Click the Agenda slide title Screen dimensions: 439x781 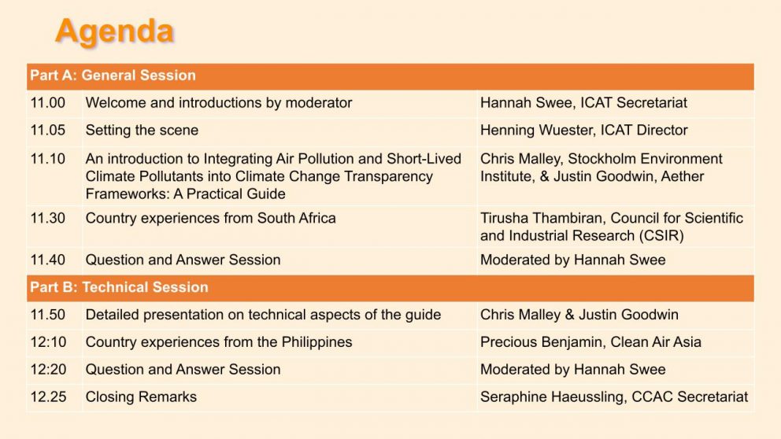(x=114, y=31)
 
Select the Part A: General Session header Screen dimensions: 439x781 (x=113, y=76)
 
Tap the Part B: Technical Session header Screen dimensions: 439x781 (x=119, y=287)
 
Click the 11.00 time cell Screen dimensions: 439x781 (x=48, y=102)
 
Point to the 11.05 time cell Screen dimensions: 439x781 (x=48, y=130)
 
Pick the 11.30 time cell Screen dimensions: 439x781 (x=48, y=218)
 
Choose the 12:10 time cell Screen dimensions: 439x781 (x=48, y=342)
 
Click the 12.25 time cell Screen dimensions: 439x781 (x=48, y=397)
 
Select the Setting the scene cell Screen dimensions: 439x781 (x=142, y=130)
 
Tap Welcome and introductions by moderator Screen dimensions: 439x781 (x=219, y=102)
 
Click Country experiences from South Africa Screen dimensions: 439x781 (x=210, y=218)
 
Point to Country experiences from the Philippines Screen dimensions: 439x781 (x=219, y=342)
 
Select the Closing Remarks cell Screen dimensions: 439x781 (x=141, y=397)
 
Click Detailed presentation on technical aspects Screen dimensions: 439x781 (x=263, y=315)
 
